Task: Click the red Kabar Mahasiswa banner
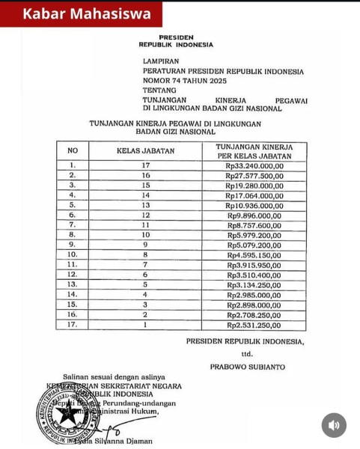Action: tap(81, 14)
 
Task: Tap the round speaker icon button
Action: tap(334, 425)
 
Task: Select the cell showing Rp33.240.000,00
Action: tap(254, 165)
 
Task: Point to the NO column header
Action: tap(73, 150)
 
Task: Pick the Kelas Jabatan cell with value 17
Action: tap(145, 165)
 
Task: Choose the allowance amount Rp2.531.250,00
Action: tap(254, 326)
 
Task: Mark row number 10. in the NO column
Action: tap(73, 255)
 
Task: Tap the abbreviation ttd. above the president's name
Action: tap(247, 354)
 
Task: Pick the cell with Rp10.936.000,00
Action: tap(254, 205)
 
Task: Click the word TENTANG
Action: tap(159, 90)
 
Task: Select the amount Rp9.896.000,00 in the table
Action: tap(254, 215)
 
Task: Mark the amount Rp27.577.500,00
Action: tap(254, 175)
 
